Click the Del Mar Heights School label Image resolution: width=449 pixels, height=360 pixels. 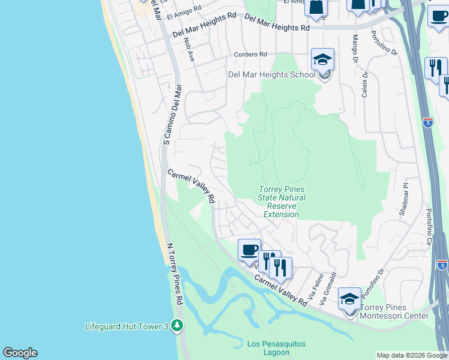point(271,75)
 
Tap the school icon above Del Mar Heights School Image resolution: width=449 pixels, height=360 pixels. point(322,60)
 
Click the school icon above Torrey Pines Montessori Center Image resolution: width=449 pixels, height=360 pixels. point(349,298)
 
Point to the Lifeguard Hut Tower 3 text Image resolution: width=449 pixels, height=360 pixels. point(127,326)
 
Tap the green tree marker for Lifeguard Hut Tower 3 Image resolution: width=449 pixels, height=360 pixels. point(176,326)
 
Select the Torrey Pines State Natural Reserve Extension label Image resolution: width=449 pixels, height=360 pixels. point(282,202)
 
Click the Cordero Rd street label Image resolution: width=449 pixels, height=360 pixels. point(250,55)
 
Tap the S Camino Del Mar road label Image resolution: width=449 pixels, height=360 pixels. point(172,114)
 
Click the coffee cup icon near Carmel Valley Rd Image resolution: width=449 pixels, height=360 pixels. point(249,250)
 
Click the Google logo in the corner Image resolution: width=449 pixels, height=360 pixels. point(20,353)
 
